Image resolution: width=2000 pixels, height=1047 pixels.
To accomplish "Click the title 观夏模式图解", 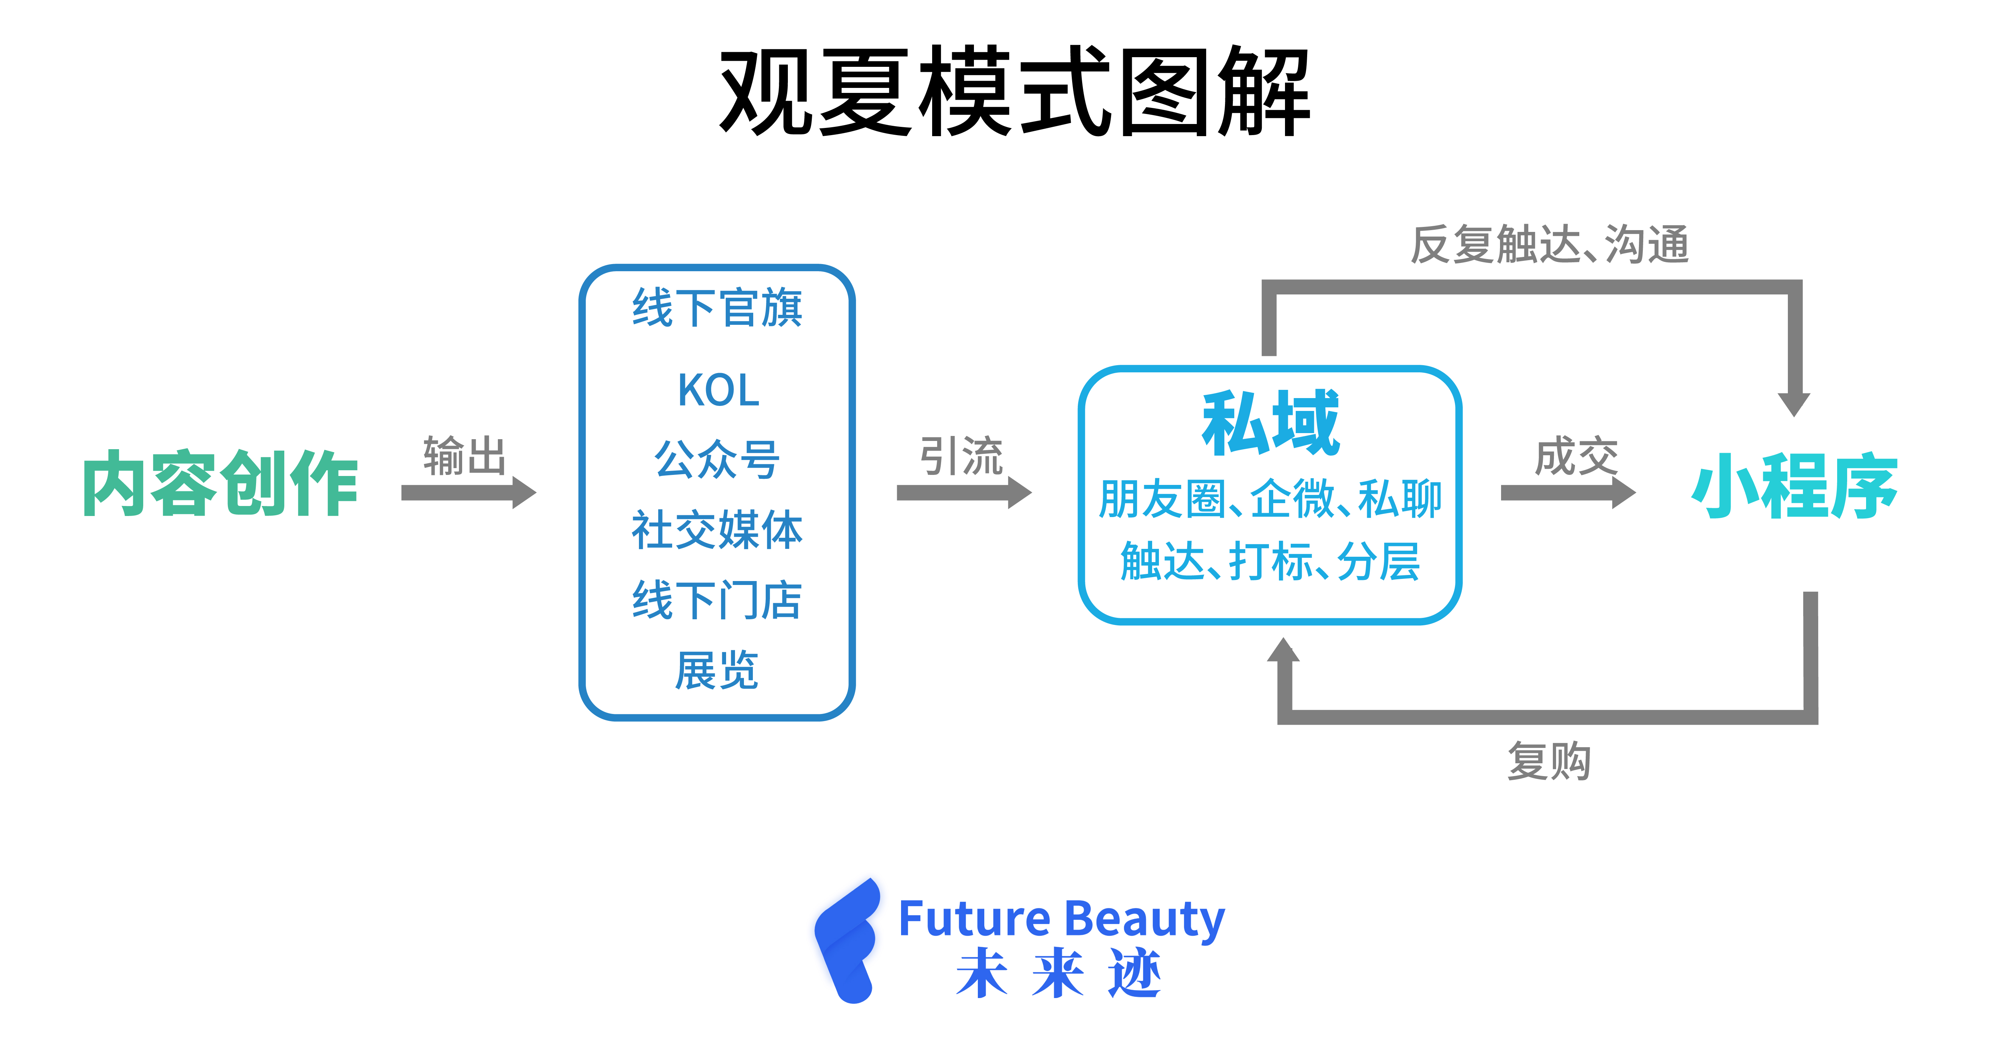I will (1014, 91).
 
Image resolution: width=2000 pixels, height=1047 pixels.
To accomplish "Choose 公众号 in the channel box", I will (717, 459).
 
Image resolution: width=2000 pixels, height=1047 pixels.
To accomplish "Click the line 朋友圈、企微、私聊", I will (1270, 498).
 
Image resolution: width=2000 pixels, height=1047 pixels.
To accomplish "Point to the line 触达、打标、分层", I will (1270, 562).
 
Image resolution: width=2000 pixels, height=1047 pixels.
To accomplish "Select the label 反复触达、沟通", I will (1550, 245).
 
